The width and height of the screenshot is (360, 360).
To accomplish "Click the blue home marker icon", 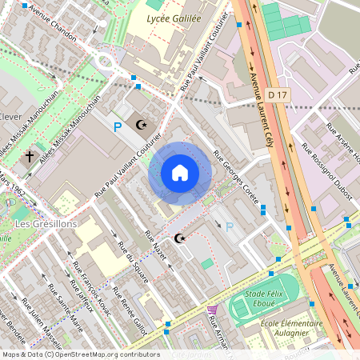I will point(179,172).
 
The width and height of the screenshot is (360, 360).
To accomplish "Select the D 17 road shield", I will point(277,95).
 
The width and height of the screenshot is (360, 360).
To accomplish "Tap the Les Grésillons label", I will point(46,224).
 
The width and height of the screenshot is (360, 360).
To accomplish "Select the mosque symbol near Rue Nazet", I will point(179,238).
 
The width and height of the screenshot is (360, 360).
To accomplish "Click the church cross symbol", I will point(30,156).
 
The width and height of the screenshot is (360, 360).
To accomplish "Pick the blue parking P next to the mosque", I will point(118,126).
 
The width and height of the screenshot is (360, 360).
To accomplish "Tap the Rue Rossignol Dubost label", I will point(317,167).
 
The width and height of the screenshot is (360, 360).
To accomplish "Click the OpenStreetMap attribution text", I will point(81,354).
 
